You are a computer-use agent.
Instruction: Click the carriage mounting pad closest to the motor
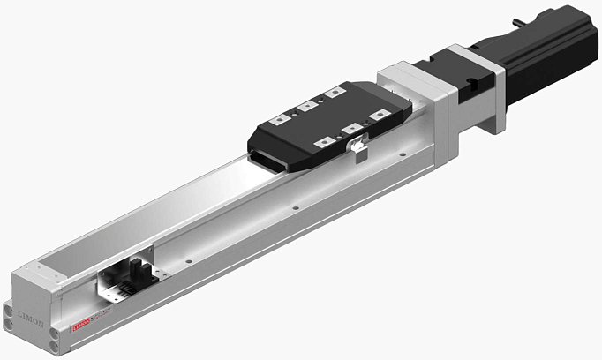point(335,91)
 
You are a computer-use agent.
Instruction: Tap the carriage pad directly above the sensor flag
point(353,129)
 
